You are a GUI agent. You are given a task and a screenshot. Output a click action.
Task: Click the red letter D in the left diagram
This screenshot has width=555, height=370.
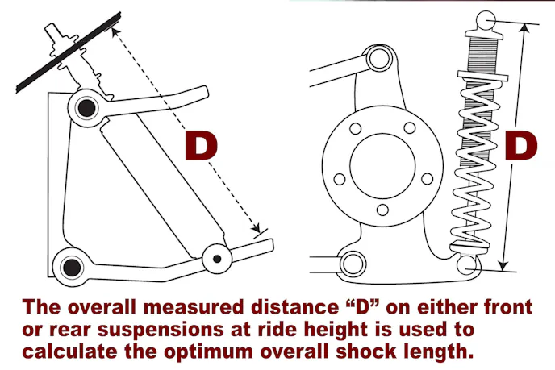[x=201, y=145]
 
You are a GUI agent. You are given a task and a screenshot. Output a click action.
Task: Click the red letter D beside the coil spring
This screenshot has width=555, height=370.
[x=520, y=144]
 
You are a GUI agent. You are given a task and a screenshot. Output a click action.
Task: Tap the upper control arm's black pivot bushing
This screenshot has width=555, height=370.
[x=87, y=108]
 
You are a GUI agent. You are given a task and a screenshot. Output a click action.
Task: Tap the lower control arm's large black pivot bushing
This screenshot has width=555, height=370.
[x=72, y=266]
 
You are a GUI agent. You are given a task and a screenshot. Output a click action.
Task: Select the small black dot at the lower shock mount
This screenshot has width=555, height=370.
[x=217, y=259]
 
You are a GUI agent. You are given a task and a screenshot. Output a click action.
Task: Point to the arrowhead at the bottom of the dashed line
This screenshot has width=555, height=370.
[x=256, y=228]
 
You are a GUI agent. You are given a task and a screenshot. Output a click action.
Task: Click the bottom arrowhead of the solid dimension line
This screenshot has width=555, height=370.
[x=503, y=266]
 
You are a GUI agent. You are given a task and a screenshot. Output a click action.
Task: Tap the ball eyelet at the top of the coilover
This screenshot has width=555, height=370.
[x=486, y=20]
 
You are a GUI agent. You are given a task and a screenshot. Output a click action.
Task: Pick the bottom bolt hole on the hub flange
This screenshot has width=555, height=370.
[x=382, y=210]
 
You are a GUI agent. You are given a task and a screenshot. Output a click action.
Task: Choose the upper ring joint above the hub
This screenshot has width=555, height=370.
[x=379, y=58]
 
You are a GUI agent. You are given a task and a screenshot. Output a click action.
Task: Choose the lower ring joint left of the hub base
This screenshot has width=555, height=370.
[x=353, y=264]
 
